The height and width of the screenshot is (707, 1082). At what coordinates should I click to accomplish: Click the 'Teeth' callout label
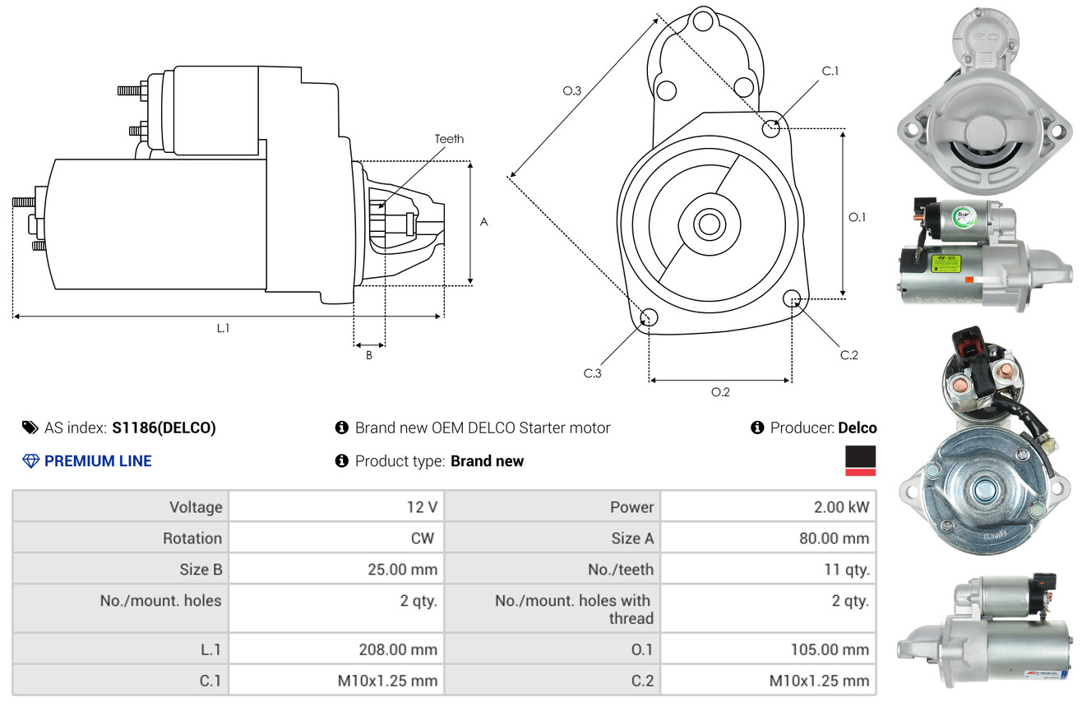click(449, 139)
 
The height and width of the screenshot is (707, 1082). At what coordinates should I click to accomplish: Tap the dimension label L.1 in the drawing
click(223, 328)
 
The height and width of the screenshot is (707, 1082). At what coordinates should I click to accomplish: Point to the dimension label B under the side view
click(369, 356)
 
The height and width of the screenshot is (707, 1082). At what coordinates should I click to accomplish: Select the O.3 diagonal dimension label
click(572, 91)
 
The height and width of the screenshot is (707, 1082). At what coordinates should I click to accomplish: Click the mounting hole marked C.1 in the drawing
click(771, 128)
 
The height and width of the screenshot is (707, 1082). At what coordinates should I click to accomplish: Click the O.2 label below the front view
click(720, 392)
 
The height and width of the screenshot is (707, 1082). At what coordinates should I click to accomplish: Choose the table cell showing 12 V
click(422, 506)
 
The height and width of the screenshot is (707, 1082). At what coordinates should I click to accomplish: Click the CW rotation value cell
click(427, 538)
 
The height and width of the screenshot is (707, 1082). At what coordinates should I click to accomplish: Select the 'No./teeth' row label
click(623, 569)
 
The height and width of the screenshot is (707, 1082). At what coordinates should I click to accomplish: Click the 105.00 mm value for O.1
click(829, 649)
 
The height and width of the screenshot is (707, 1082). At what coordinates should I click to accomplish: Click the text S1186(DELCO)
click(164, 427)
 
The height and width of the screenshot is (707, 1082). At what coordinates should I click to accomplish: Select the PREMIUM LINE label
click(98, 461)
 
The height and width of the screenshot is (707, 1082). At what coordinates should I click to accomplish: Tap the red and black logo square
click(860, 460)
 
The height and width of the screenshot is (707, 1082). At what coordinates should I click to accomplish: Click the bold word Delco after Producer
click(858, 427)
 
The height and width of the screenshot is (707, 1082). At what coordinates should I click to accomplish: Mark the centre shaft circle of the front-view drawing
click(706, 223)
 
